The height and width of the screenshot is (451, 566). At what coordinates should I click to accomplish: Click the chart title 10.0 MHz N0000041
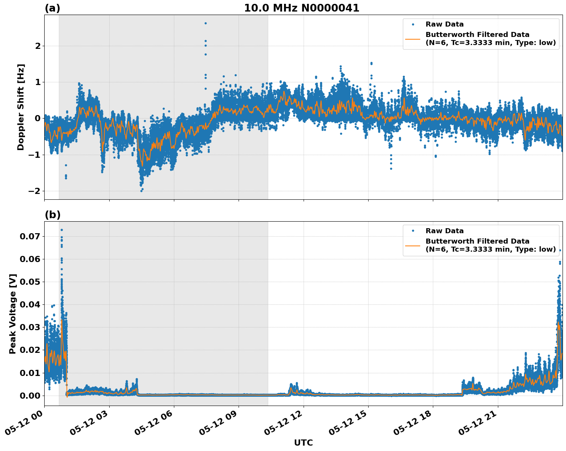(x=302, y=8)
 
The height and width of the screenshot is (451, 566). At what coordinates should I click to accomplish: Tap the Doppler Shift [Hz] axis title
(x=21, y=107)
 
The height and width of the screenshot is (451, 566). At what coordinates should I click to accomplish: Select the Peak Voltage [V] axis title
(x=13, y=314)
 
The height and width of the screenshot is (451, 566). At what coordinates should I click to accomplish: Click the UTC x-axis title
(x=303, y=443)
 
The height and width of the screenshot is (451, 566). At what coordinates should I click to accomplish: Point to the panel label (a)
(x=52, y=8)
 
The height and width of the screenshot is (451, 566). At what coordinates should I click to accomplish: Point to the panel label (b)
(x=53, y=215)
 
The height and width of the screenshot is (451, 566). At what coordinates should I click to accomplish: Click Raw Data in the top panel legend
(x=444, y=24)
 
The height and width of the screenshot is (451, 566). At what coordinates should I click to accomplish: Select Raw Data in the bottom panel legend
(x=444, y=231)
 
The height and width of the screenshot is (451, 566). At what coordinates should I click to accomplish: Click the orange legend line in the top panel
(x=413, y=38)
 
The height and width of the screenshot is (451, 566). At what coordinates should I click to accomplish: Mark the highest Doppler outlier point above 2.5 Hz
(x=205, y=23)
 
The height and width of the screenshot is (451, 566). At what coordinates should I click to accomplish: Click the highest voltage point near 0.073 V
(x=62, y=230)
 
